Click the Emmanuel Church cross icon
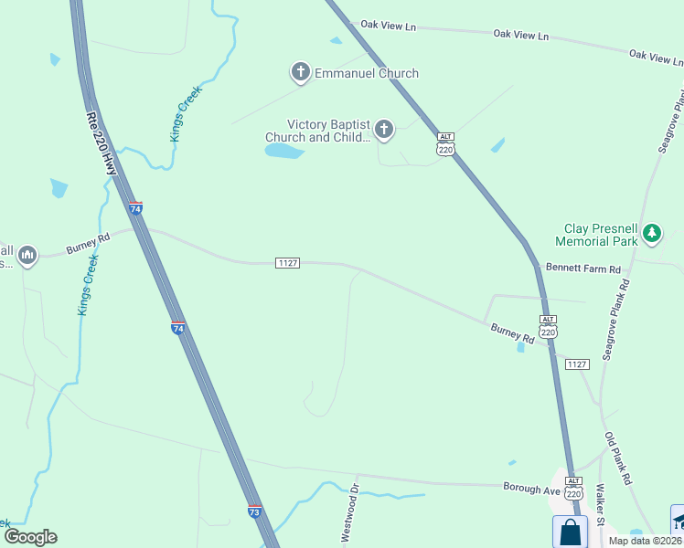coord(300,72)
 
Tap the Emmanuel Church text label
coord(367,73)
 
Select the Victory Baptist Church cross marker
coord(384,131)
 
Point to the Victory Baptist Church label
coord(328,131)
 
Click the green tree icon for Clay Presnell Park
coord(651,233)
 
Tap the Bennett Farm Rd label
coord(582,269)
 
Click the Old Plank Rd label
coord(617,458)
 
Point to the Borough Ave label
coord(531,489)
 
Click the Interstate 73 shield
coord(255,512)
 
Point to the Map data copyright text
coord(645,541)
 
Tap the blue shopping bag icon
coord(569,532)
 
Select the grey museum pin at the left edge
coord(27,255)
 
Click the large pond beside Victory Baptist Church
coord(283,151)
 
